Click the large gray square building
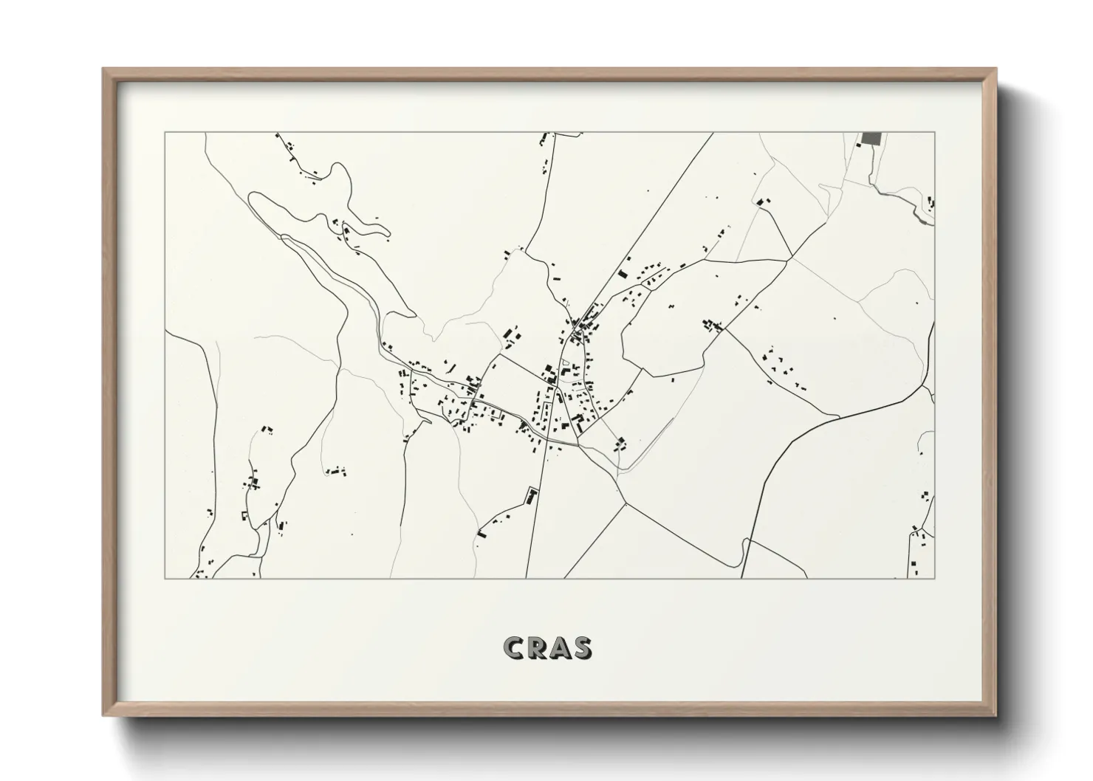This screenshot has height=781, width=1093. coord(872,139)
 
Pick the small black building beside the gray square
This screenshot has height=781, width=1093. coord(858,145)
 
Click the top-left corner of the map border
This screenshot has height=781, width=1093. coord(165,133)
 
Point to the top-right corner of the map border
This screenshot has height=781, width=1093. coord(934,133)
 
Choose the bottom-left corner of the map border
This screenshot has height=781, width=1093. coord(165,578)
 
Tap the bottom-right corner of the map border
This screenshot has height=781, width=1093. coord(934,578)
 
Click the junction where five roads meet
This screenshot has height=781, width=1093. coord(791,258)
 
